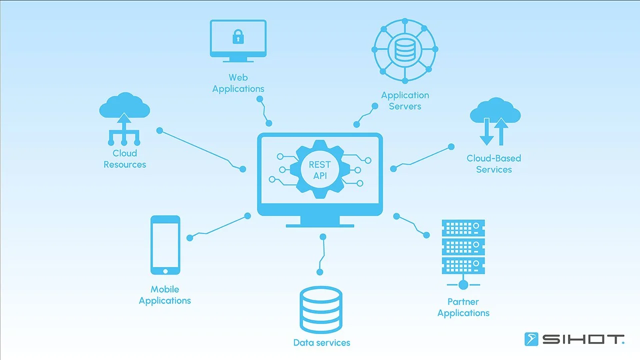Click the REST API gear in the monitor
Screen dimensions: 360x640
coord(319,169)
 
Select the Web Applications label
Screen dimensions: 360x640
coord(238,83)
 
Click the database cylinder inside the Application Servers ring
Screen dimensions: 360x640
coord(404,49)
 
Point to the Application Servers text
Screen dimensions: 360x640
coord(405,100)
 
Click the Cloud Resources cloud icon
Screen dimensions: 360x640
coord(124,107)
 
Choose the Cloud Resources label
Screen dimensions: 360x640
coord(124,159)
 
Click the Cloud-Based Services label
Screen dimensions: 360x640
coord(493,164)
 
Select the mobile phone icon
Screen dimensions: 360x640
coord(165,245)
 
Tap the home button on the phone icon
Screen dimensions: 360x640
coord(165,270)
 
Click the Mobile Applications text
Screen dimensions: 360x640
coord(164,295)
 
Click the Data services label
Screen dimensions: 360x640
coord(321,343)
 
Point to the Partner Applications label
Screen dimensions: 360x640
coord(463,307)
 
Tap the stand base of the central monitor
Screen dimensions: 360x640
coord(320,225)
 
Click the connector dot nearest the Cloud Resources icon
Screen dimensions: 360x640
coord(159,130)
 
